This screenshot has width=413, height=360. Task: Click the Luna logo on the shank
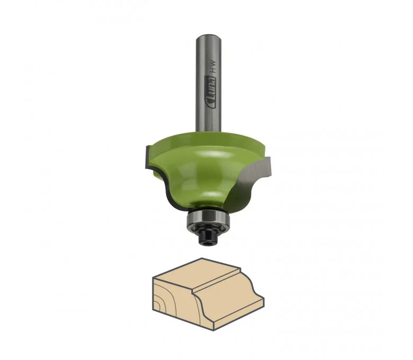point(211,92)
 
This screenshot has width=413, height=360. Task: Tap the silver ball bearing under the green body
point(208,218)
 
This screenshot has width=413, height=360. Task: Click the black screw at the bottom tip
point(208,235)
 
